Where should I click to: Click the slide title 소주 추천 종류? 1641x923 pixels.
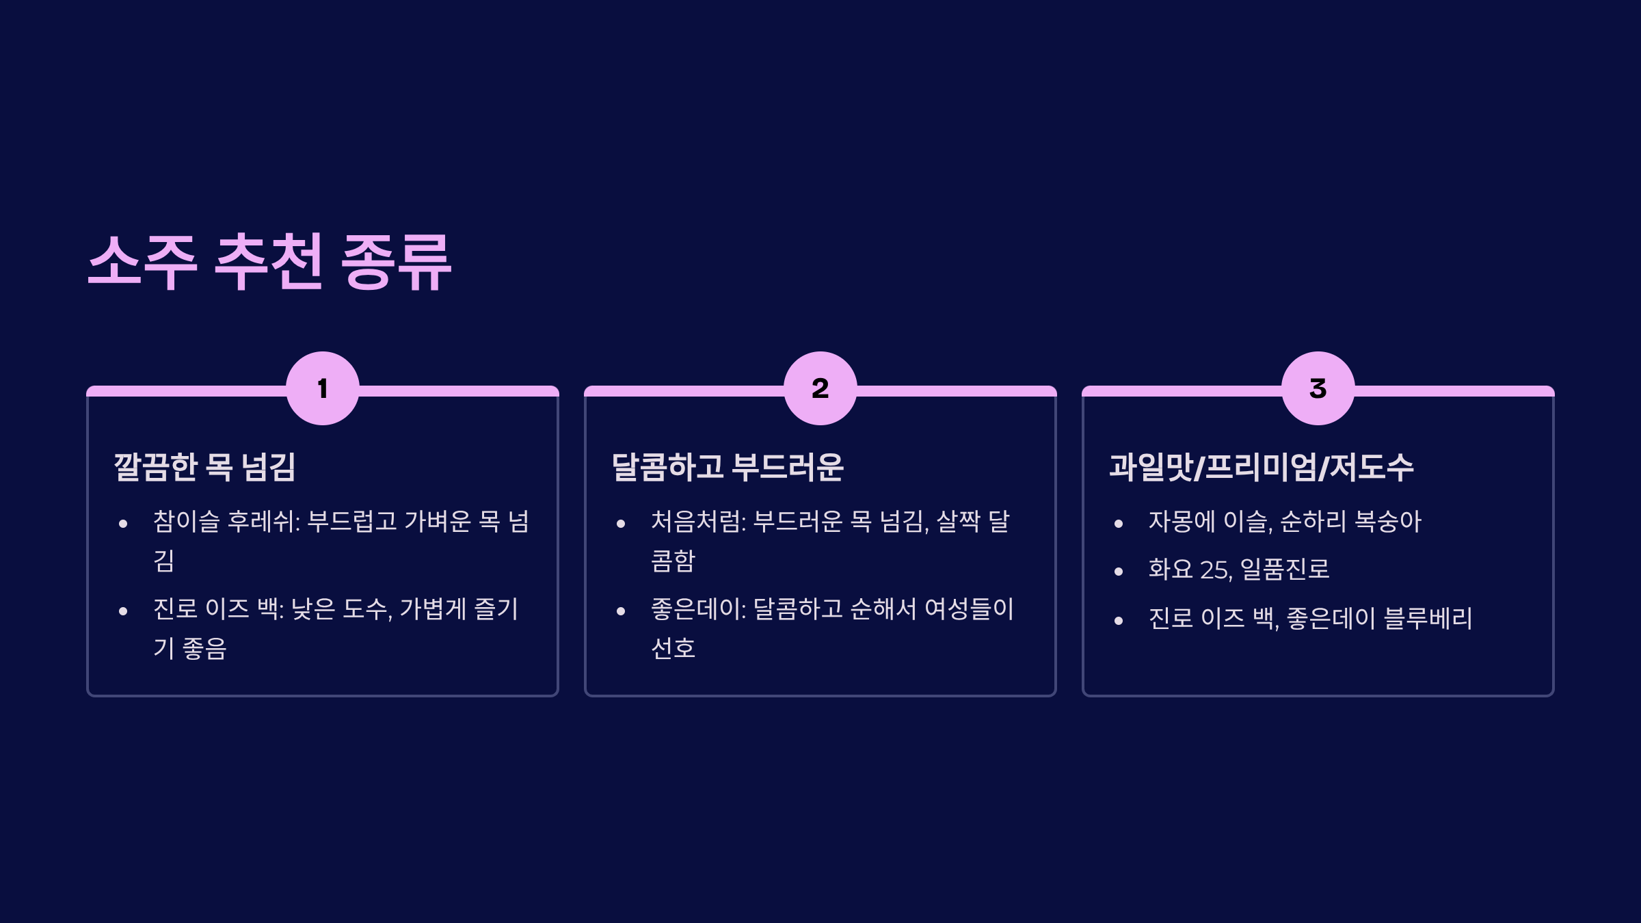coord(270,262)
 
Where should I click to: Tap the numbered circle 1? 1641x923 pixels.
coord(323,388)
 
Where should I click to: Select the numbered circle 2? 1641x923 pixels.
coord(820,388)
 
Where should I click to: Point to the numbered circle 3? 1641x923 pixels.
coord(1318,388)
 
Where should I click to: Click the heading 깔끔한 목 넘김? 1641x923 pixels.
coord(204,467)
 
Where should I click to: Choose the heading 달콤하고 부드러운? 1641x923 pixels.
coord(728,467)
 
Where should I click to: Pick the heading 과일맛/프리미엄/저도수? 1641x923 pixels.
coord(1261,467)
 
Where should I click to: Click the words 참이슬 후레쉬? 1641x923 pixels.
coord(224,522)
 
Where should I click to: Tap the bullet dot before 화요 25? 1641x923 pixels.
coord(1119,572)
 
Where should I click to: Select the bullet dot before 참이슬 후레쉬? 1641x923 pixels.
coord(123,524)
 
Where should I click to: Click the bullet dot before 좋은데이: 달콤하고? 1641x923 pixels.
coord(621,612)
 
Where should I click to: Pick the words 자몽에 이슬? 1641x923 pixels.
coord(1208,522)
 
